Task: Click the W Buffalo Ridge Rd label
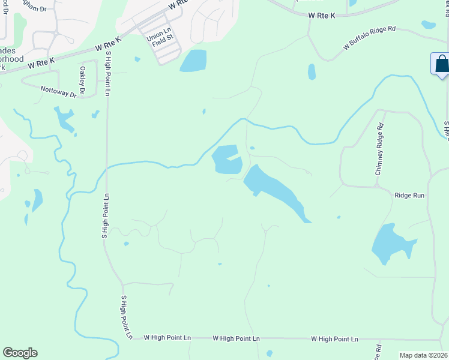coord(370,37)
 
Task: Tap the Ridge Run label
coord(409,195)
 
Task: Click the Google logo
coord(20,353)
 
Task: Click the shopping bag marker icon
coord(441,64)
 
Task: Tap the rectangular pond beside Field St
coord(193,61)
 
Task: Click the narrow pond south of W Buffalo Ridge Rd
coord(312,72)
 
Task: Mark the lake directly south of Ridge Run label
coord(390,244)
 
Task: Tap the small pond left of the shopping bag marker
coord(428,25)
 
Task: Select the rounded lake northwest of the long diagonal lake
coord(226,160)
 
